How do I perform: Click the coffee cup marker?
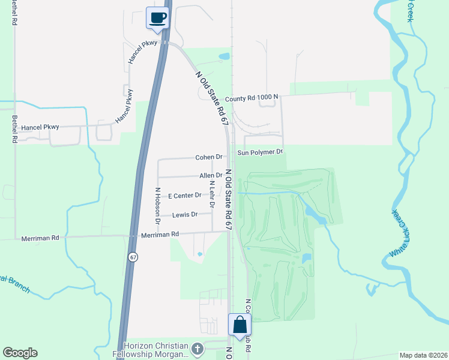click(x=158, y=17)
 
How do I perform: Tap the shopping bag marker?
click(x=240, y=325)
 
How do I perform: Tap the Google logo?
click(x=20, y=353)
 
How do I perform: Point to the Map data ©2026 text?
click(x=423, y=355)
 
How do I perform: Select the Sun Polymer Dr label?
click(x=259, y=152)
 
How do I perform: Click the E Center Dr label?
click(x=184, y=196)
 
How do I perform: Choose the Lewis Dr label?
click(x=185, y=215)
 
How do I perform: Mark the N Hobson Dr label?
click(x=157, y=206)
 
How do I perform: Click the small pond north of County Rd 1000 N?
click(x=224, y=57)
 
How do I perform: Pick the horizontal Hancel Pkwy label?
click(x=38, y=128)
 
